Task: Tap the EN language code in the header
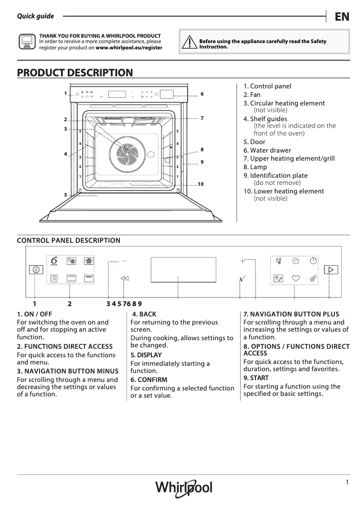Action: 342,17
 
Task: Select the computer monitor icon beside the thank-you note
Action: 26,42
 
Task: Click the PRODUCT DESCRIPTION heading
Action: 75,73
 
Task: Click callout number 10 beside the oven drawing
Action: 200,184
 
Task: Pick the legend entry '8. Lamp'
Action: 255,167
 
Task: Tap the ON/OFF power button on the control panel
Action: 35,270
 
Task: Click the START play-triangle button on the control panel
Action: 331,270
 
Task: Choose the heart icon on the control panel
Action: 295,278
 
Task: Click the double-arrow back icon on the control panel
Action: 125,278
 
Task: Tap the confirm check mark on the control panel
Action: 242,279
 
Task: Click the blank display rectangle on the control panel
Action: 183,270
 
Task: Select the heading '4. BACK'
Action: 144,314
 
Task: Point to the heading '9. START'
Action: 256,378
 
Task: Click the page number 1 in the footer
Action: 347,482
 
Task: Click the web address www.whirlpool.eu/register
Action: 129,47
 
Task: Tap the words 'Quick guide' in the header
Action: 35,16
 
